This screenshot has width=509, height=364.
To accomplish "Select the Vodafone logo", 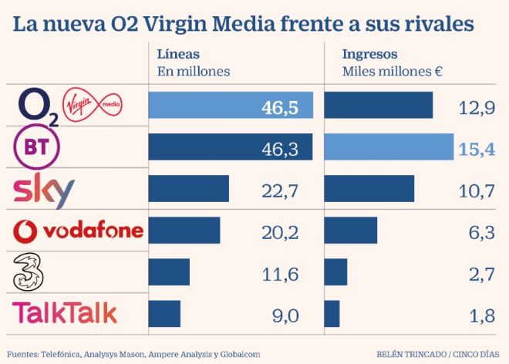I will (x=79, y=230).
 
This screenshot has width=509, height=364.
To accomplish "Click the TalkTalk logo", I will (x=66, y=312).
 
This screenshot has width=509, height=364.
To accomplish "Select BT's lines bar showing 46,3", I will (x=230, y=147).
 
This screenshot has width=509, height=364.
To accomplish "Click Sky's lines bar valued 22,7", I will (x=188, y=188).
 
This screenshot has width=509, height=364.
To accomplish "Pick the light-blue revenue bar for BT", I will (x=389, y=147).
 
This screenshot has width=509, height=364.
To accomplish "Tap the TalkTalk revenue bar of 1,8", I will (x=332, y=313).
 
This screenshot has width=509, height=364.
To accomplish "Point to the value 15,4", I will (x=476, y=147).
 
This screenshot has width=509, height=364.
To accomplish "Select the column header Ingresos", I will (x=370, y=55).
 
